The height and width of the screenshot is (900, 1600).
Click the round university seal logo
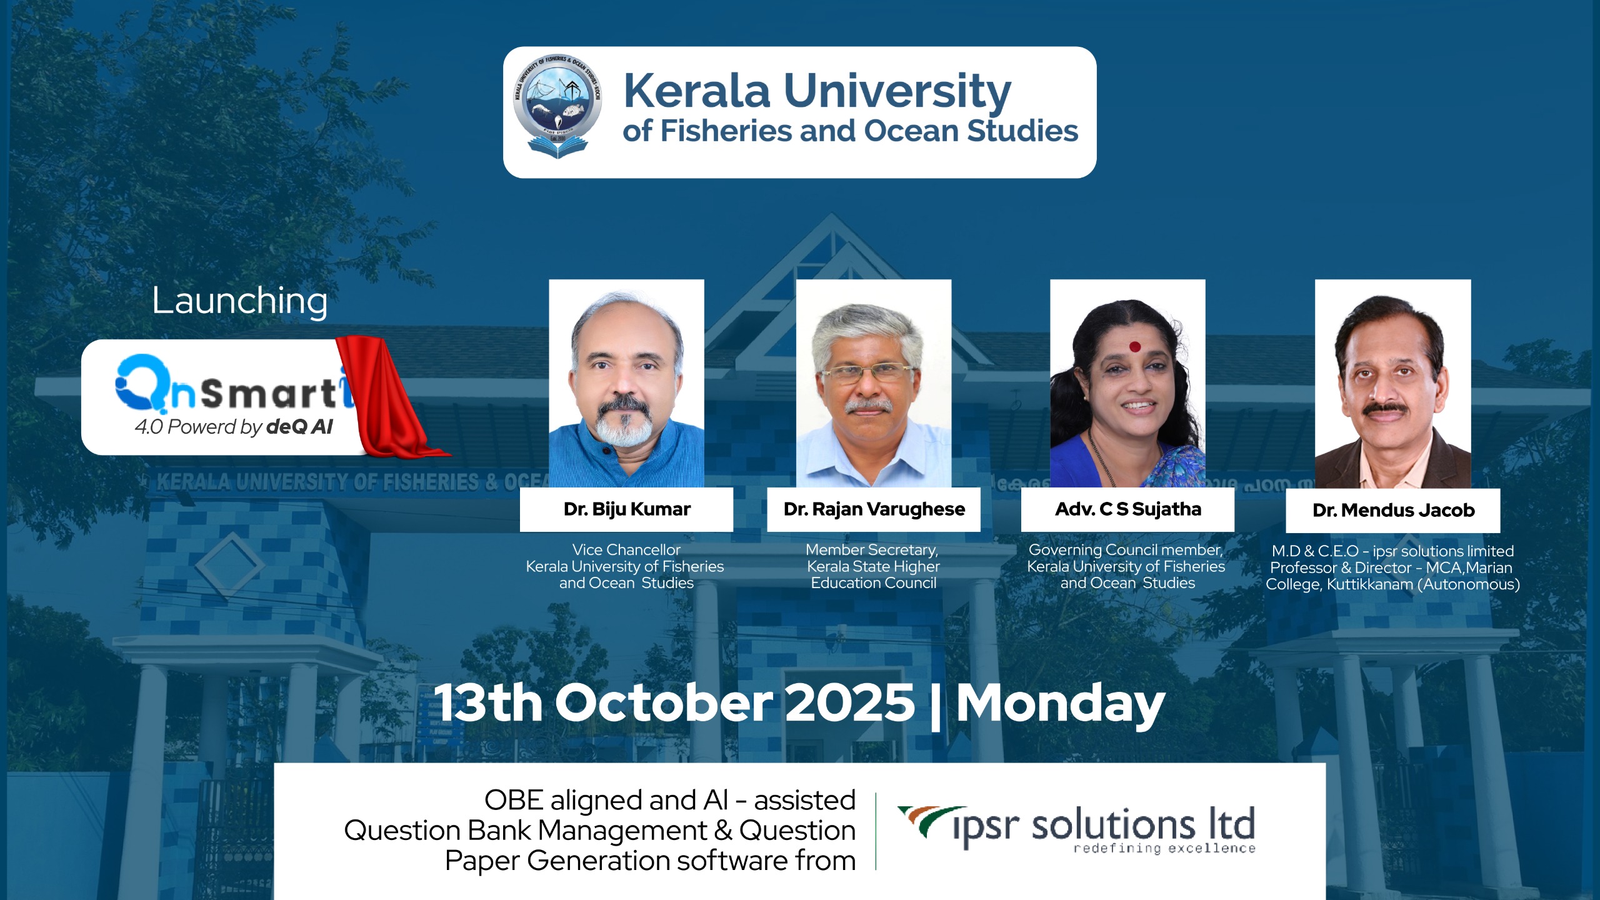(557, 106)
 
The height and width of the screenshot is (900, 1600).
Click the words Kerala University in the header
(817, 91)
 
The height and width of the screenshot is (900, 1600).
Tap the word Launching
(240, 301)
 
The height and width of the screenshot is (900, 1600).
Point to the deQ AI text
(300, 427)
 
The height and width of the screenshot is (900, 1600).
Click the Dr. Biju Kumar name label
(627, 509)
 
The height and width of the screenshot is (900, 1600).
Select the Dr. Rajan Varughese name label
(874, 509)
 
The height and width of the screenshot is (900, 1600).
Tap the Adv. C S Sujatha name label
(1127, 509)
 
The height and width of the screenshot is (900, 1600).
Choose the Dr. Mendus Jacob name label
(1393, 511)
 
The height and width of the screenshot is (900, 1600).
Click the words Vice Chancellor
(626, 550)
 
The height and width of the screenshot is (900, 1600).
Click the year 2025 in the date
(850, 703)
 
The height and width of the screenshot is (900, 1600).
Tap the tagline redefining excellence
(1164, 848)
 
